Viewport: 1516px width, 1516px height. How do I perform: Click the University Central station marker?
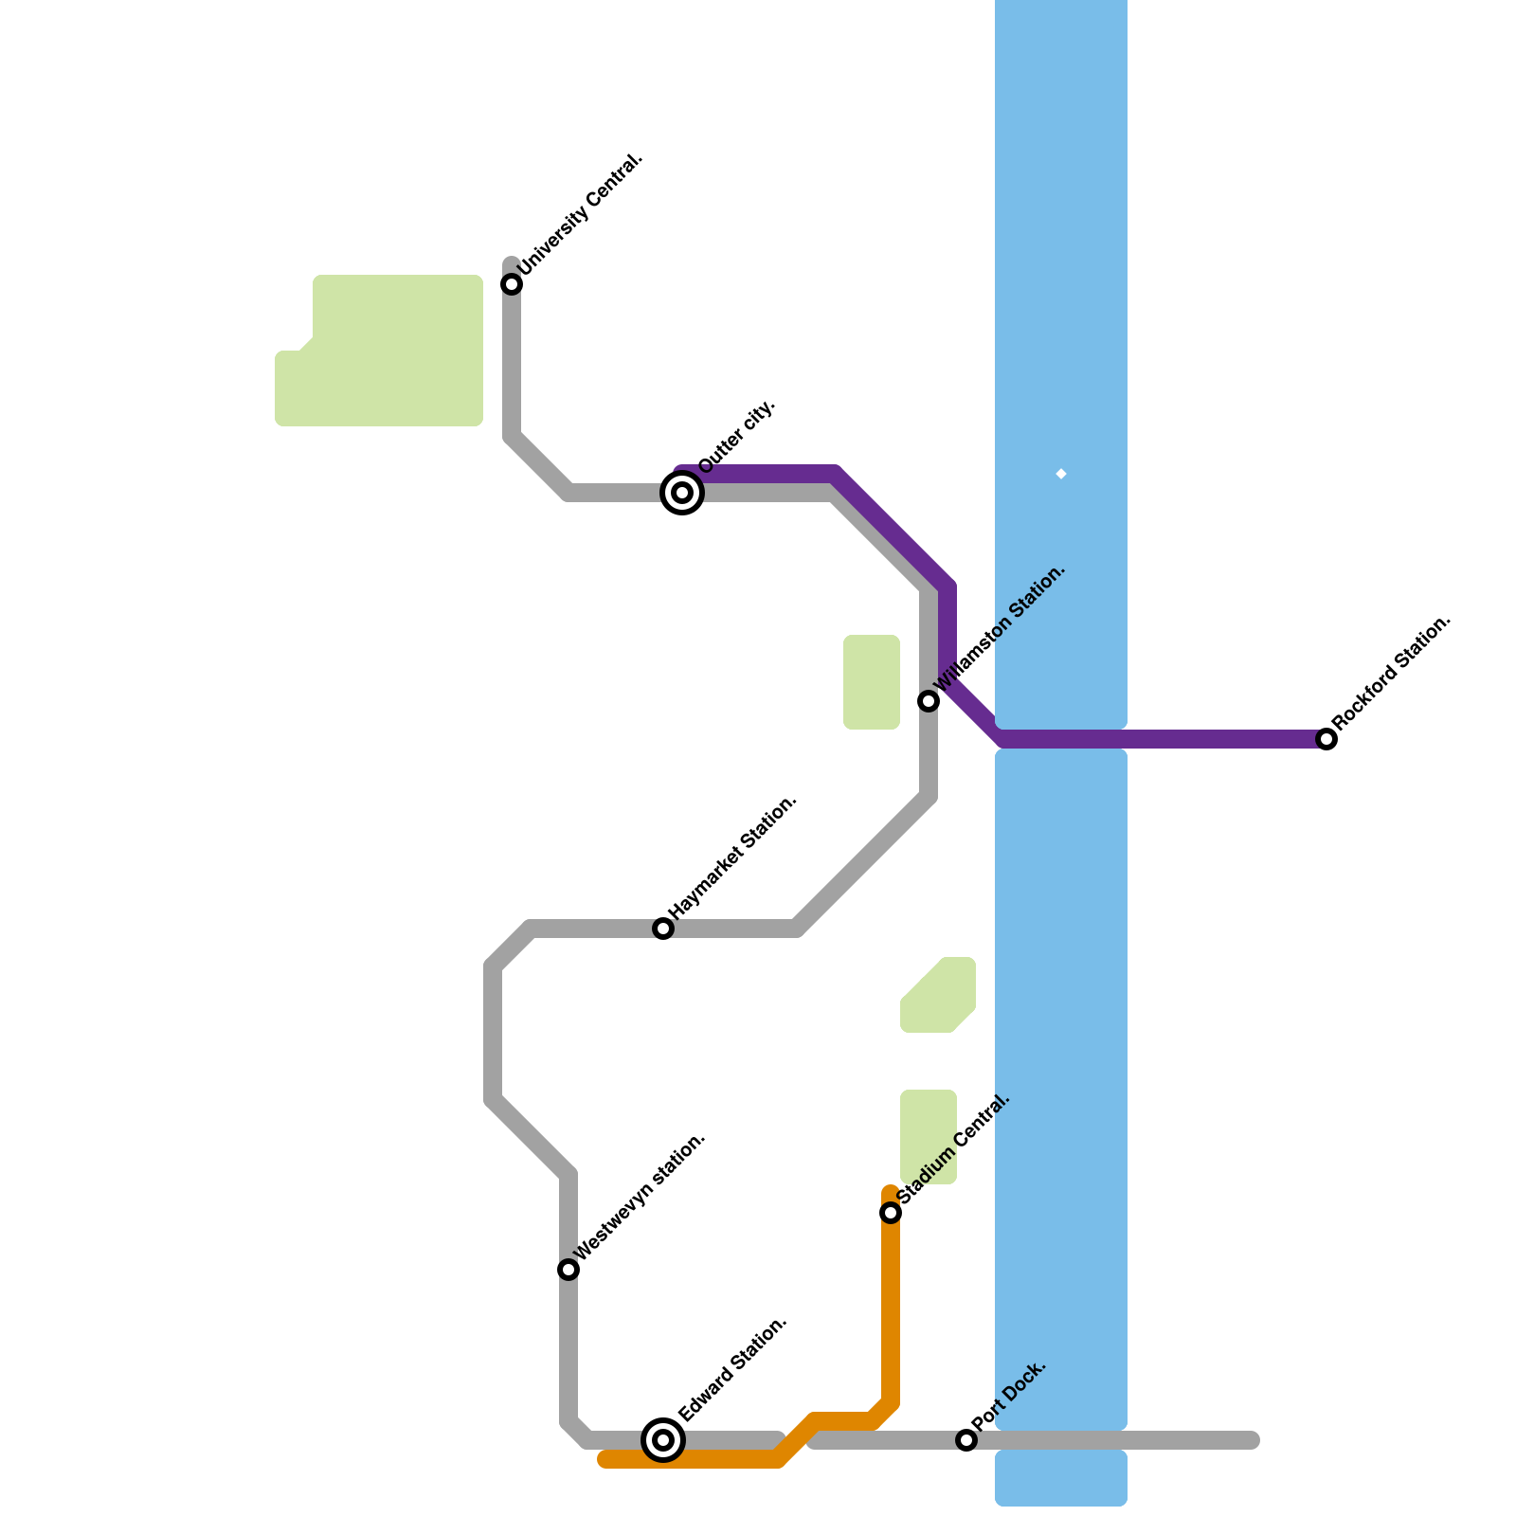512,284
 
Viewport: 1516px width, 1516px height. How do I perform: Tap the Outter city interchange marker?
682,493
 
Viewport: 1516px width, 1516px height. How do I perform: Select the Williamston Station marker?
929,701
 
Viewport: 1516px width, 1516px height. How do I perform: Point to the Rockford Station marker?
1326,739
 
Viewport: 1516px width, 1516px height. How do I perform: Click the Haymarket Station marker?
663,929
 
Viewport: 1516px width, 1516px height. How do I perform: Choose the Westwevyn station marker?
568,1270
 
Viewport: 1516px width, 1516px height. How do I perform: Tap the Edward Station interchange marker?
663,1440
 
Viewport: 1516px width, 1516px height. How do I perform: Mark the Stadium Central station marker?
891,1213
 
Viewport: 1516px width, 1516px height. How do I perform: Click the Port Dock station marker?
966,1440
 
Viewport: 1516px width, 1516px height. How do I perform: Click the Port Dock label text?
1009,1396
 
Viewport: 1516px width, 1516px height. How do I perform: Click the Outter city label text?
738,436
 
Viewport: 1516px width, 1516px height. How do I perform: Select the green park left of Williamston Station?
872,682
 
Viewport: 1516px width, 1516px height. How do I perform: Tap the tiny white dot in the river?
1061,474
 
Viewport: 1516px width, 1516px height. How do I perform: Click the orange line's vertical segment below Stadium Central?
891,1317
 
